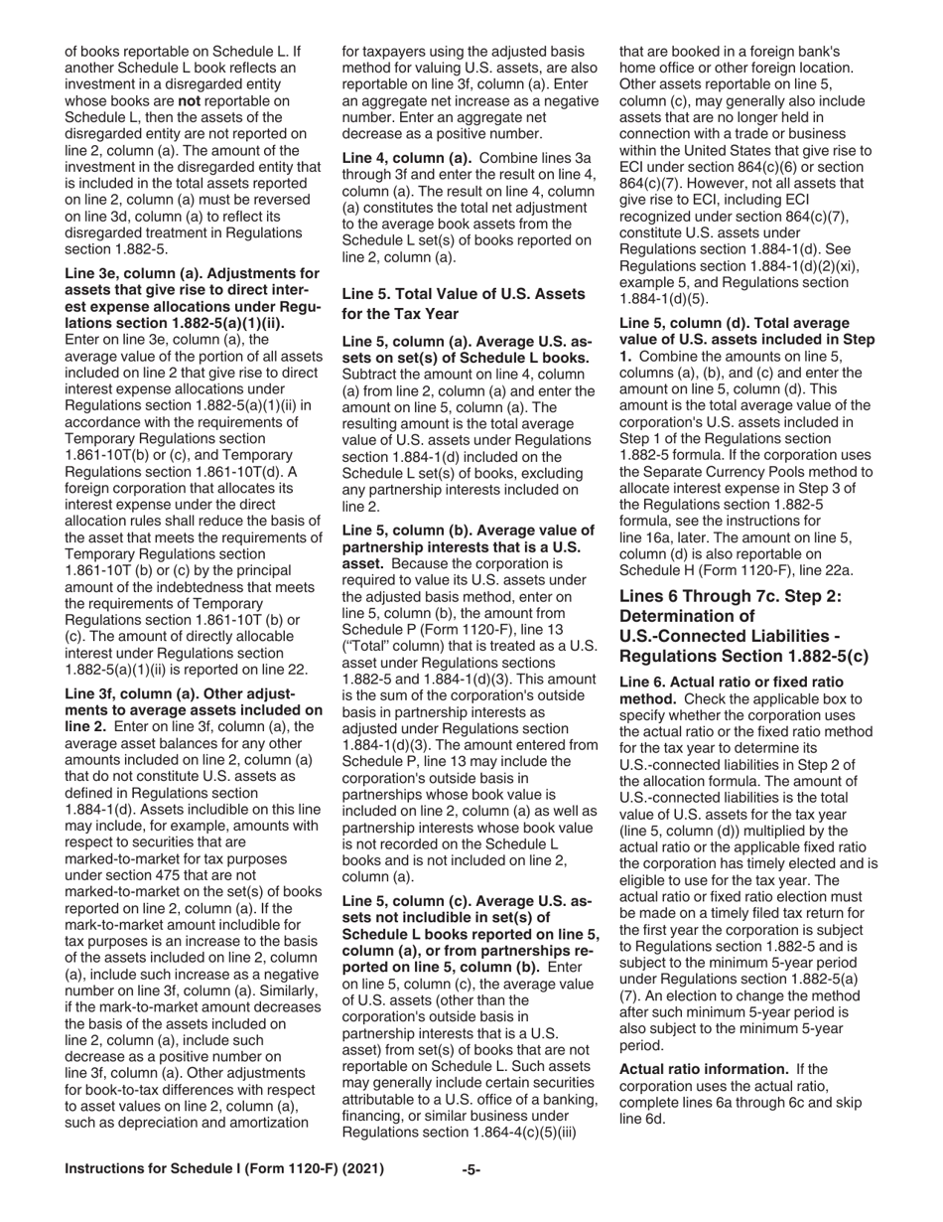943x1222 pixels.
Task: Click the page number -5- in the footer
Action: coord(471,1169)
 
